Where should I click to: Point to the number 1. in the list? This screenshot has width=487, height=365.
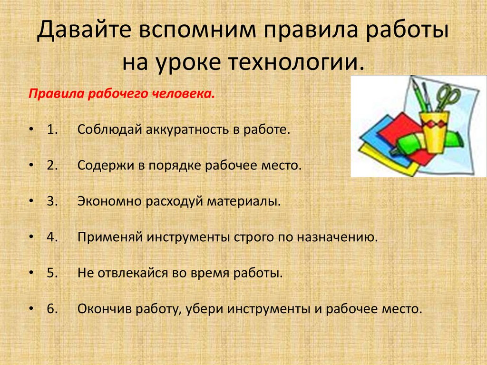pyautogui.click(x=52, y=129)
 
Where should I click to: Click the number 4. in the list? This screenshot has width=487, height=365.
pyautogui.click(x=52, y=237)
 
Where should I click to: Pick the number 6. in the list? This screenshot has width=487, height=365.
pyautogui.click(x=52, y=309)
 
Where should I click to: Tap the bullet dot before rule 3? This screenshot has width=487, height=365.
pyautogui.click(x=31, y=201)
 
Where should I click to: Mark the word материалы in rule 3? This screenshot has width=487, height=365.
pyautogui.click(x=244, y=201)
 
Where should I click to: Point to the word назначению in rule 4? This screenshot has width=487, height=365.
pyautogui.click(x=337, y=237)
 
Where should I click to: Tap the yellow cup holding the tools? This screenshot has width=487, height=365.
pyautogui.click(x=435, y=132)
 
